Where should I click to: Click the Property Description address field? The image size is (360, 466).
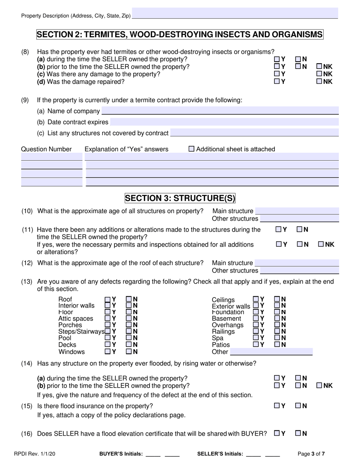point(235,14)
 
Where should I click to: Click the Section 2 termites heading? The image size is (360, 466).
point(180,34)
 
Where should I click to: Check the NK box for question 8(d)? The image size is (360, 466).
point(319,81)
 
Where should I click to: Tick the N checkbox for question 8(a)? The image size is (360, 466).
point(298,59)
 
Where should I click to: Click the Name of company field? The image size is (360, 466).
point(220,111)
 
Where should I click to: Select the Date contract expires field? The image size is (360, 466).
point(224,122)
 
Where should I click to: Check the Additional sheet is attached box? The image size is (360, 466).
point(191,149)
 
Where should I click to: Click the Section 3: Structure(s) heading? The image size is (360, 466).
point(180,198)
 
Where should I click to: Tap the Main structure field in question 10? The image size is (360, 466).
point(297,211)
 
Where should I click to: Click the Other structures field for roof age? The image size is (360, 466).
point(299,271)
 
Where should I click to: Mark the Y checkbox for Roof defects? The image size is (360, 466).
point(108,299)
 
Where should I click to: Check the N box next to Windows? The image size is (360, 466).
point(129,351)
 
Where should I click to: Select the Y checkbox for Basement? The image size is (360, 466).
point(256,319)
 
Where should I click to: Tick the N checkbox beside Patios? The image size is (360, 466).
point(277,344)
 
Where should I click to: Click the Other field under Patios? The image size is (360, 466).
point(271,352)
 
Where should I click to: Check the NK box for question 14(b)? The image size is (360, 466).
point(319,385)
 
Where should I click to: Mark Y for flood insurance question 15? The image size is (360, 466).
point(277,406)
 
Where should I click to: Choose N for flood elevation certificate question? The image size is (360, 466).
point(298,433)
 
